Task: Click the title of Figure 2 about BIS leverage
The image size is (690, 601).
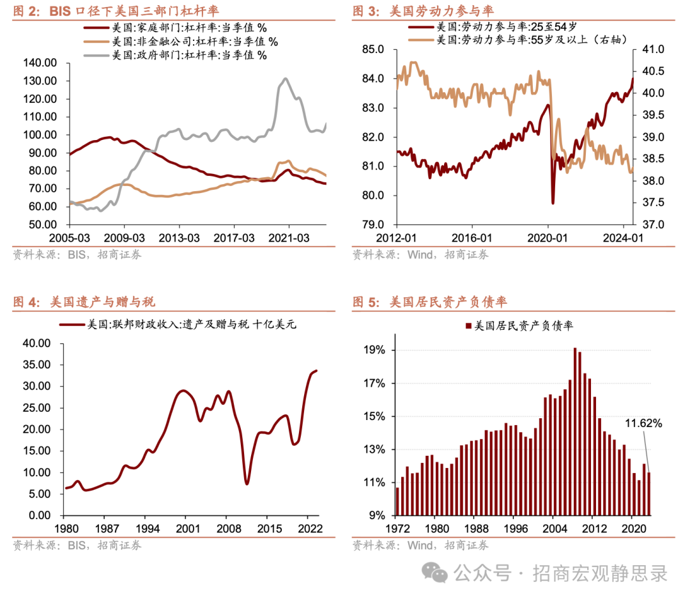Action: pyautogui.click(x=115, y=11)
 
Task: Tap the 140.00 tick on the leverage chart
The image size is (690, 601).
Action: pyautogui.click(x=40, y=63)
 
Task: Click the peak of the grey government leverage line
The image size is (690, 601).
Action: pyautogui.click(x=284, y=79)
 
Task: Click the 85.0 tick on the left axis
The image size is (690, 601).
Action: pyautogui.click(x=373, y=50)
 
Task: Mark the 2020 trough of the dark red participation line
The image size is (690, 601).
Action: pyautogui.click(x=553, y=203)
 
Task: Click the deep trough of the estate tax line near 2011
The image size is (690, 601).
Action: pyautogui.click(x=247, y=483)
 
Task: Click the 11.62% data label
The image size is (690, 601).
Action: pyautogui.click(x=643, y=423)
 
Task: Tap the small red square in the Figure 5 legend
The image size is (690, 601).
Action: pyautogui.click(x=469, y=326)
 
